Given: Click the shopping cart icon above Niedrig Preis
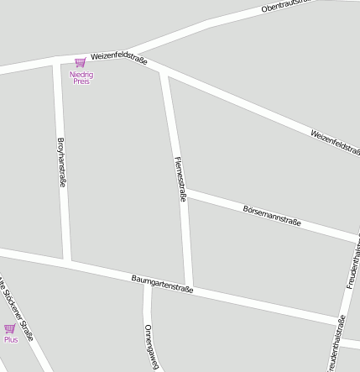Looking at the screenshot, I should (x=81, y=62).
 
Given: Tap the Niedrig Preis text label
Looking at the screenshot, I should (x=81, y=78).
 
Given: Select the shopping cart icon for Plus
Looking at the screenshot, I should (x=10, y=328).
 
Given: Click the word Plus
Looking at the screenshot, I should (x=10, y=339).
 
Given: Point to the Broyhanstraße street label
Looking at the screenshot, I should (x=61, y=164).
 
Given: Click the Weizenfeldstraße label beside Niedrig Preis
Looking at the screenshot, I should (x=119, y=55).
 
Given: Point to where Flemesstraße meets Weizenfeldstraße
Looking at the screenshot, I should (x=164, y=74).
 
